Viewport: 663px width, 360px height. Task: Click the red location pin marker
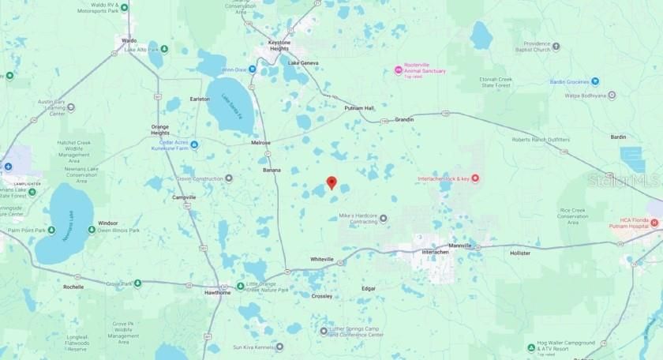pyautogui.click(x=331, y=182)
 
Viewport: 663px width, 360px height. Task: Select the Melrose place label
pyautogui.click(x=260, y=143)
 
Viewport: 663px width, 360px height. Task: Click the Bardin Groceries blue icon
pyautogui.click(x=595, y=81)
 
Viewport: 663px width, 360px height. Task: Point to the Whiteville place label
pyautogui.click(x=322, y=259)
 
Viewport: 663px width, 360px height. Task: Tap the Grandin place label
pyautogui.click(x=403, y=119)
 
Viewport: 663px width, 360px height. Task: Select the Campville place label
pyautogui.click(x=184, y=197)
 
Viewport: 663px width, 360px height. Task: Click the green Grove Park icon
pyautogui.click(x=137, y=283)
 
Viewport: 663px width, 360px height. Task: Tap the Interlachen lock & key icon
pyautogui.click(x=476, y=179)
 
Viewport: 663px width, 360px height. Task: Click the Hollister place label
pyautogui.click(x=521, y=253)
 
